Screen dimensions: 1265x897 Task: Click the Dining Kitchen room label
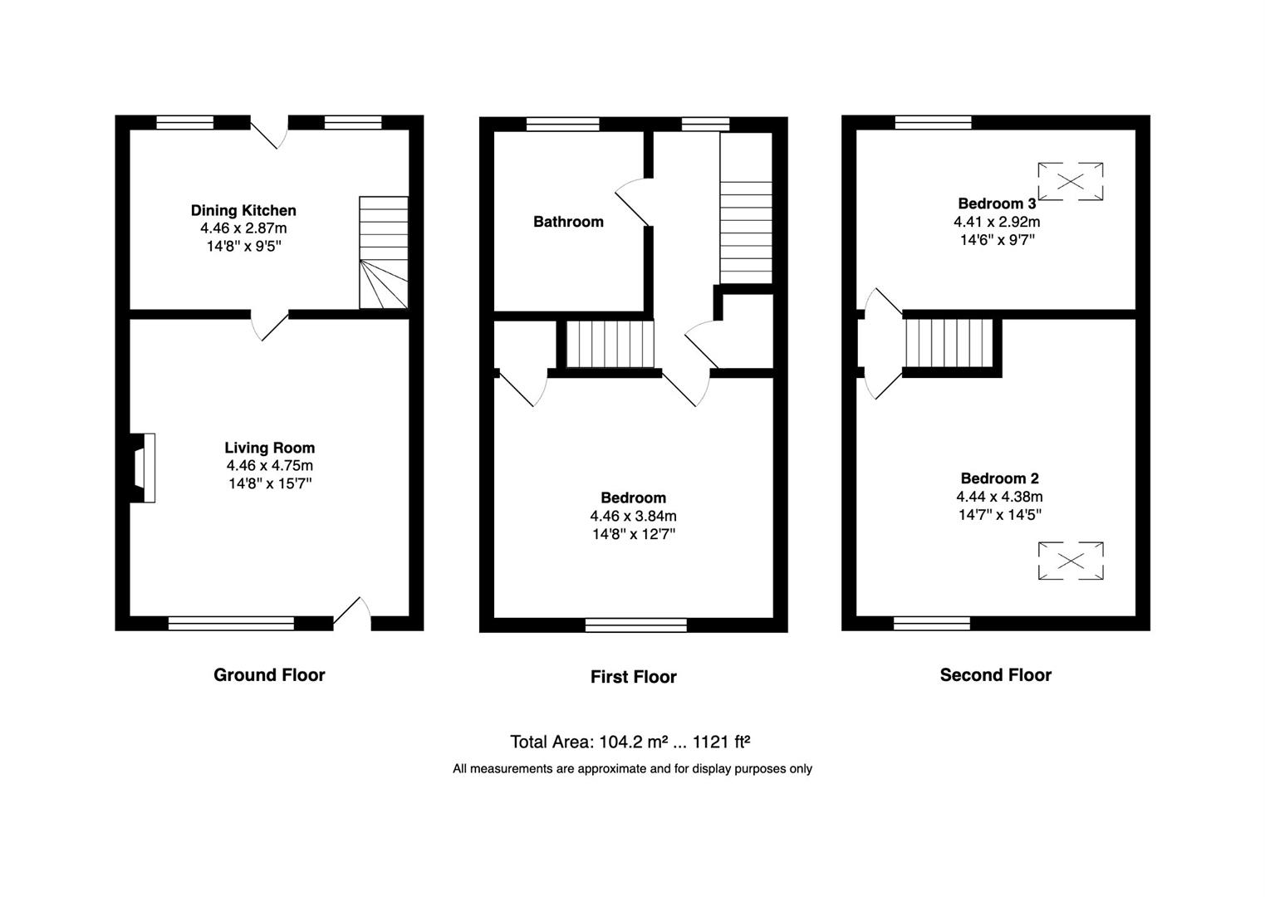click(x=243, y=211)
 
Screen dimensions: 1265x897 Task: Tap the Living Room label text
click(x=269, y=448)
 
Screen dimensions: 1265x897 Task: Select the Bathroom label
click(x=568, y=222)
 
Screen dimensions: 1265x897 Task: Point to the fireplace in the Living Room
click(x=142, y=468)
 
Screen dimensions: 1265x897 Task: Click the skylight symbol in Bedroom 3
click(x=1070, y=181)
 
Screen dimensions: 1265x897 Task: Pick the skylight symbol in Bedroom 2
click(x=1070, y=561)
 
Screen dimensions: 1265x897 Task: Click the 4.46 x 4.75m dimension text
click(x=269, y=466)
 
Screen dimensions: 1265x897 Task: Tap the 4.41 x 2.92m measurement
click(x=997, y=222)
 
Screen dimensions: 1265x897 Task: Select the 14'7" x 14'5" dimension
click(x=999, y=515)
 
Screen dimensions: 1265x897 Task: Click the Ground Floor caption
click(x=269, y=675)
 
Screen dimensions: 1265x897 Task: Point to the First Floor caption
click(x=633, y=677)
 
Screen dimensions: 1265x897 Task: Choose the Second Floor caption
click(x=996, y=675)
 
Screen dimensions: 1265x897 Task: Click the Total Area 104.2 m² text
click(x=630, y=742)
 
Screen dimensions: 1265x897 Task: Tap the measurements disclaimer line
click(x=633, y=769)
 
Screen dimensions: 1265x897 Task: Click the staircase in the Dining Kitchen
click(x=384, y=252)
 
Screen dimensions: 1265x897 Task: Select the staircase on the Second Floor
click(x=949, y=344)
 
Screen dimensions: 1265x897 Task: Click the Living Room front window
click(x=231, y=623)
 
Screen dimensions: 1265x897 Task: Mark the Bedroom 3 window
click(x=933, y=122)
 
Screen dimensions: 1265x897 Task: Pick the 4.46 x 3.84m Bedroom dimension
click(x=633, y=517)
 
